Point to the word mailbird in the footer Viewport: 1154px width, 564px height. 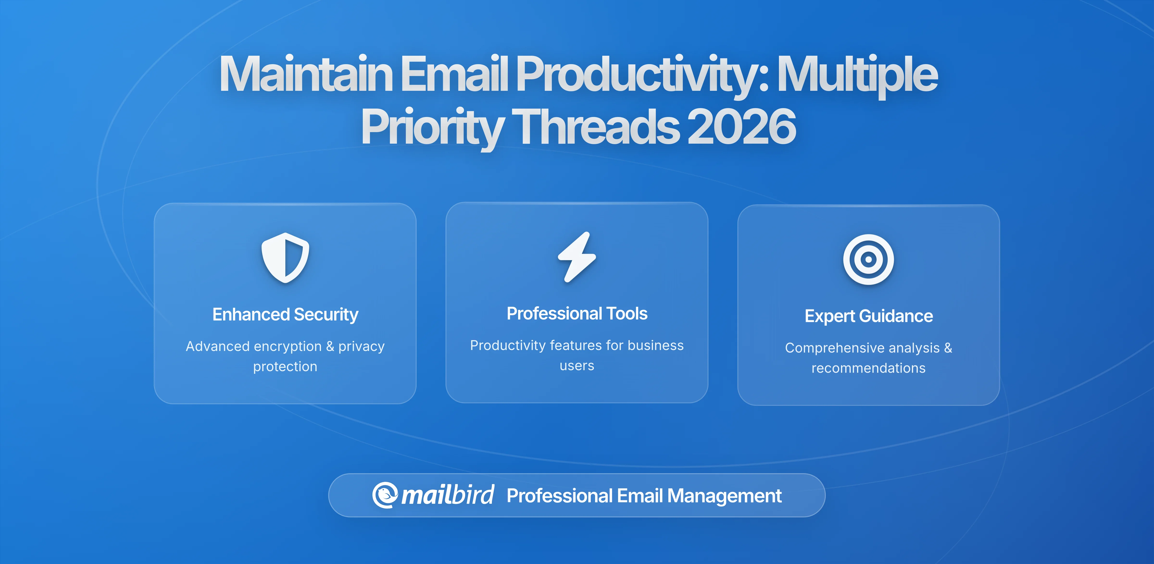pos(447,495)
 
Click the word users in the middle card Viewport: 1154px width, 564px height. pos(577,366)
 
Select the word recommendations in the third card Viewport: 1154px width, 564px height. pos(868,368)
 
